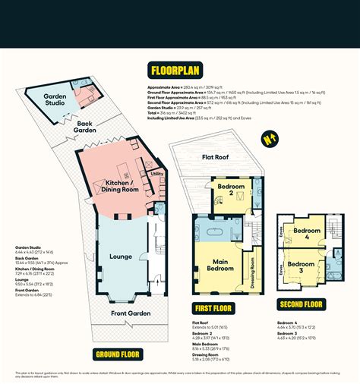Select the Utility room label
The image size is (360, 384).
157,174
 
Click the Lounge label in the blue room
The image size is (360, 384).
122,257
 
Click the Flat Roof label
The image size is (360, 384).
216,158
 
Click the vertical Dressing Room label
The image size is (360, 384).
252,273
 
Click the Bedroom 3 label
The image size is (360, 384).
307,266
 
